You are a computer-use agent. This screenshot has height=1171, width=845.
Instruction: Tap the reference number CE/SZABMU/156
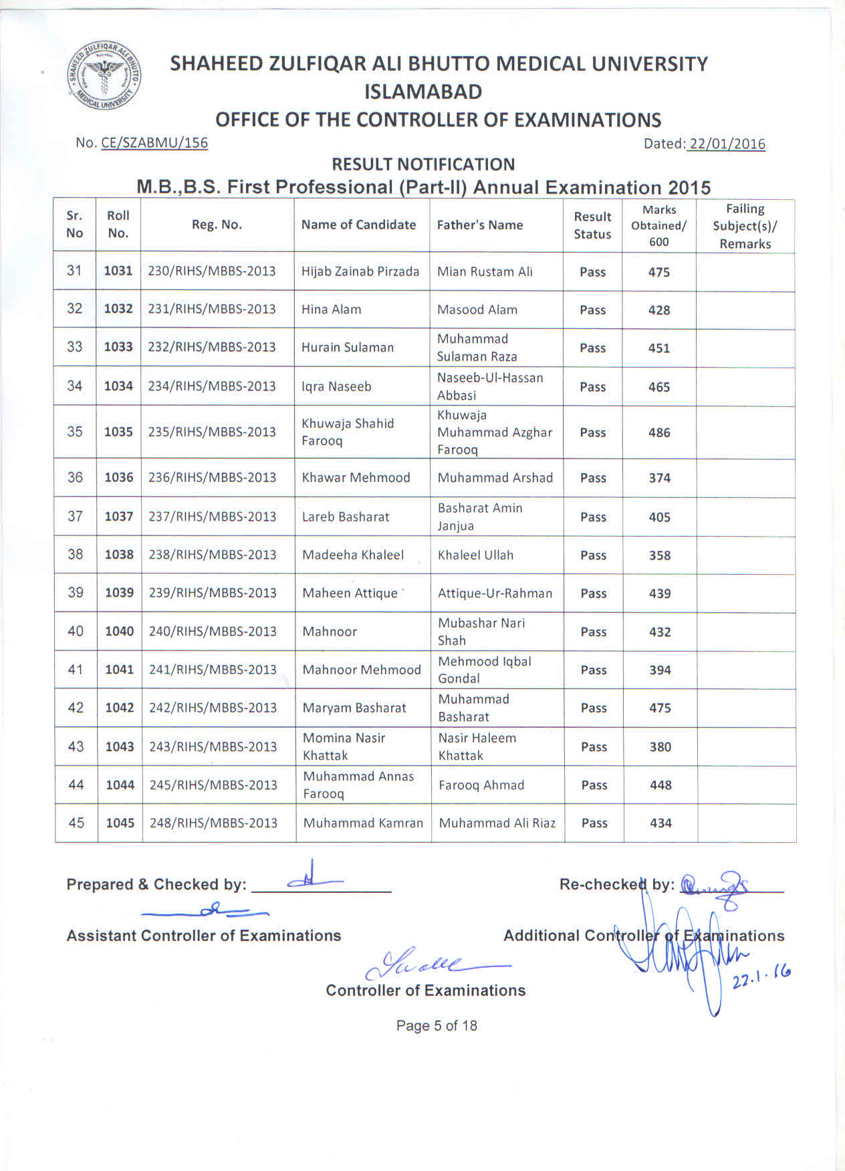[154, 143]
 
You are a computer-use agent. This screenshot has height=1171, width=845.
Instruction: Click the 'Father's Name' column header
[480, 225]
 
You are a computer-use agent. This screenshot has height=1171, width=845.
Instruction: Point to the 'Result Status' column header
[592, 225]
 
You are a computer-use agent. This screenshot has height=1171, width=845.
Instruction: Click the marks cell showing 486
[659, 432]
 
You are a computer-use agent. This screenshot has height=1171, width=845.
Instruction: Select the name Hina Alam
[332, 309]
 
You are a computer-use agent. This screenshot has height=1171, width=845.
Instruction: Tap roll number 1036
[119, 477]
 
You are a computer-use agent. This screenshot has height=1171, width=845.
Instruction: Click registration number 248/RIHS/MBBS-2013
[213, 823]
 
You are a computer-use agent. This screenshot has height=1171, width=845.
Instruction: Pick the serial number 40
[76, 631]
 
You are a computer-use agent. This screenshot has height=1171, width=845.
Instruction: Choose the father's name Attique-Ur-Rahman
[495, 593]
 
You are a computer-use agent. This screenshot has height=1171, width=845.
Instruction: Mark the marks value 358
[660, 555]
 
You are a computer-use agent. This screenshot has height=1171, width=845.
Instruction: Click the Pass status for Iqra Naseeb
[593, 387]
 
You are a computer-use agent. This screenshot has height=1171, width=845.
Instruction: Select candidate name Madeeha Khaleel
[353, 555]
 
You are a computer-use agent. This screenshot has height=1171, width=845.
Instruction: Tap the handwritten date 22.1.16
[761, 977]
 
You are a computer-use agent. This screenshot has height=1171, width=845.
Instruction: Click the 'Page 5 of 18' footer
[437, 1026]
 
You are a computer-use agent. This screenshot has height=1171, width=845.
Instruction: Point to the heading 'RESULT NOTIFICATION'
[423, 164]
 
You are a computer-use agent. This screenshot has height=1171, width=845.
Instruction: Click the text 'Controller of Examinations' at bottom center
[426, 991]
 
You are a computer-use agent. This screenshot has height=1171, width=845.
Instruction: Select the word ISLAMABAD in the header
[423, 92]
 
